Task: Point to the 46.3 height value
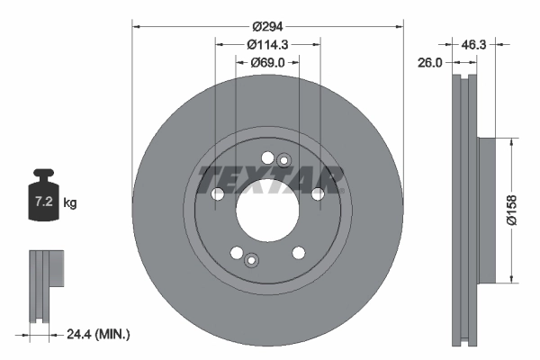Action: pos(473,42)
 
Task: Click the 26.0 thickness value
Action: pos(431,62)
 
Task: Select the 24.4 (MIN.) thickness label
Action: pos(99,334)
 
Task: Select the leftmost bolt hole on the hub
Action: pos(217,194)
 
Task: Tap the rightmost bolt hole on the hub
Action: pos(318,194)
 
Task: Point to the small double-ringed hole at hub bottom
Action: pos(251,261)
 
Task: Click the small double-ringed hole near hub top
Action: pos(283,160)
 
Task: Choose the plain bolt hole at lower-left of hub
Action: pos(236,253)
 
